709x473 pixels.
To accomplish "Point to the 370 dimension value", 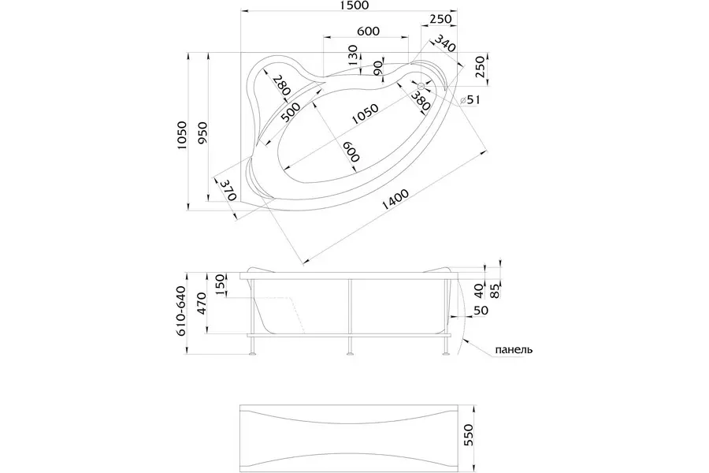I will (x=228, y=191).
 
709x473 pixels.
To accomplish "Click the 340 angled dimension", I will (x=444, y=47).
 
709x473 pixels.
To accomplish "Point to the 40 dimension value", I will (x=481, y=281).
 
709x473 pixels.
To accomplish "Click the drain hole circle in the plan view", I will (x=421, y=86).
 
